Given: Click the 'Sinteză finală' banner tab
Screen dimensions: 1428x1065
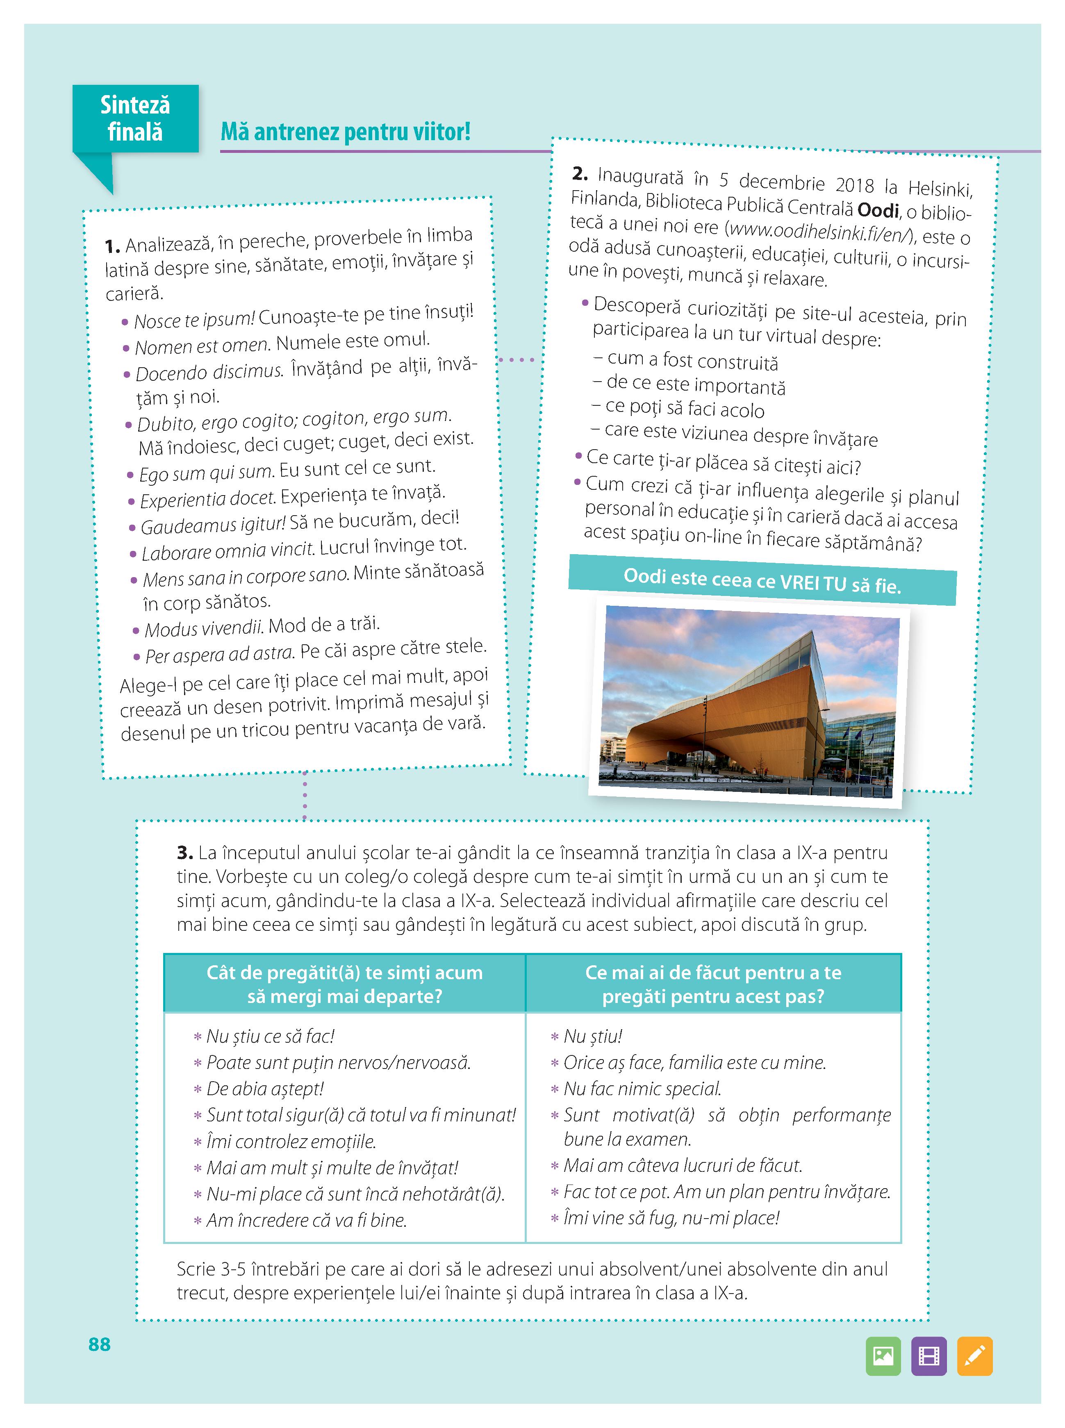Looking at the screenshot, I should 135,118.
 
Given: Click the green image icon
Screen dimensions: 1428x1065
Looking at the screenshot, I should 883,1356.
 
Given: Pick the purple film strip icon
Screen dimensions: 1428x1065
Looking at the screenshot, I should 929,1356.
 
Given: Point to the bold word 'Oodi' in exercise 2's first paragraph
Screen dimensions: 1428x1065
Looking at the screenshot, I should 878,210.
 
